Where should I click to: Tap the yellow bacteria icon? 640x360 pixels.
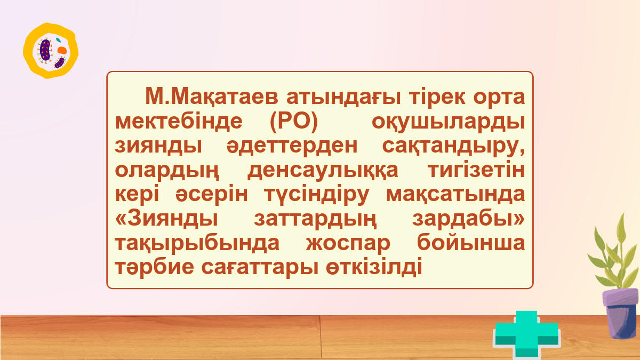(51, 51)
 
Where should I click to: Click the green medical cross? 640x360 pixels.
(525, 334)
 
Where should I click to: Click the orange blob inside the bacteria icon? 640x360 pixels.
(62, 50)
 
